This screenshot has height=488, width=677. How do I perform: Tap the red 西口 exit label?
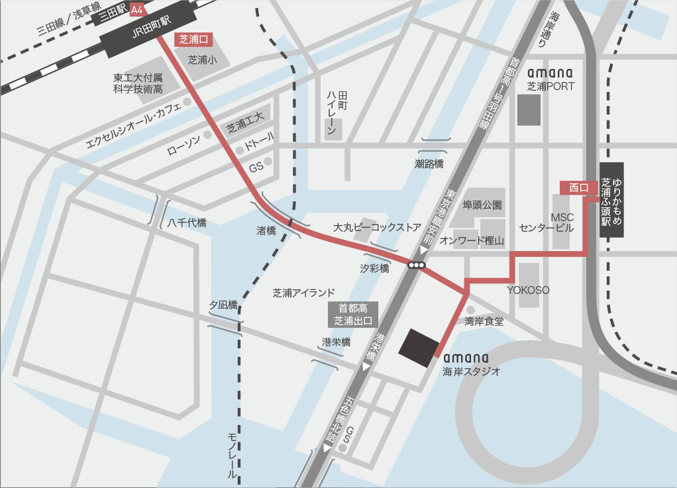click(575, 187)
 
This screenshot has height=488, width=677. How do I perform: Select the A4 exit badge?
click(137, 10)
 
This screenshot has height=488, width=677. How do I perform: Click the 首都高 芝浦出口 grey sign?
click(354, 315)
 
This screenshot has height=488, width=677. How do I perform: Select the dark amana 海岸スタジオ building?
click(419, 347)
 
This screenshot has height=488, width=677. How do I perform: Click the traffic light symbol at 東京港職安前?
click(417, 266)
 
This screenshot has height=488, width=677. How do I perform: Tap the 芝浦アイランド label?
click(304, 293)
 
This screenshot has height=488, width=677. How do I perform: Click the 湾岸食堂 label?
click(484, 321)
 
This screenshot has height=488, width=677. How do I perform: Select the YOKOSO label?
click(529, 290)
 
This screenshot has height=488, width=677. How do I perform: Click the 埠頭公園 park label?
click(482, 205)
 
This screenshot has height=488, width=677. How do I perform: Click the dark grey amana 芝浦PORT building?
click(529, 109)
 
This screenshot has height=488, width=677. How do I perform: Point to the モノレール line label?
click(232, 455)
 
